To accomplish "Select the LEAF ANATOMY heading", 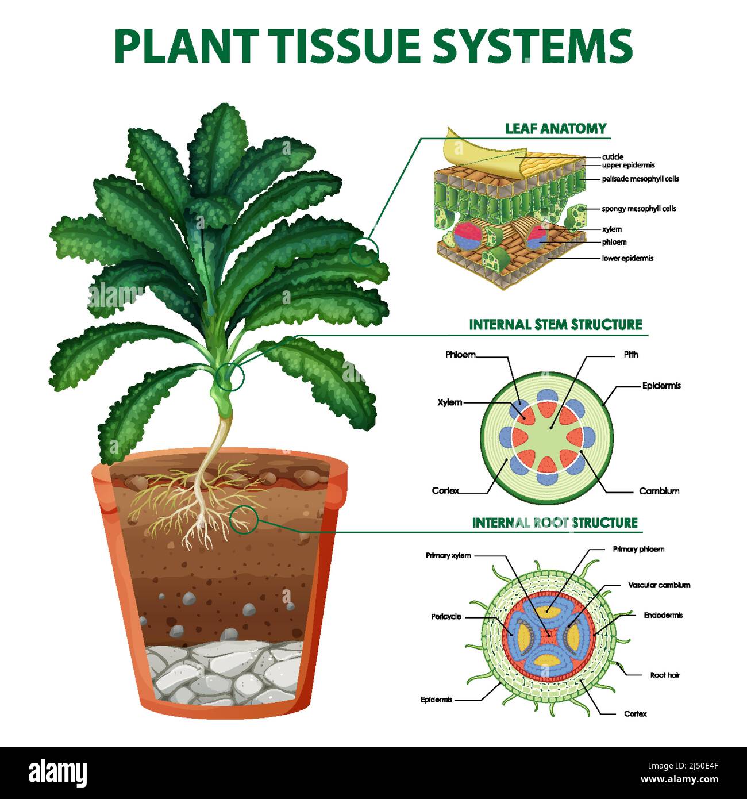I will click(x=556, y=128).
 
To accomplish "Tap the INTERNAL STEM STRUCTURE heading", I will click(x=555, y=324).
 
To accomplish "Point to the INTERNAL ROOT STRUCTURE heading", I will click(x=555, y=523).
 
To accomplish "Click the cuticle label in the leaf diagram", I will click(x=613, y=156).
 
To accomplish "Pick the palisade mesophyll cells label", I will click(x=640, y=179).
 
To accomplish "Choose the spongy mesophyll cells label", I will click(x=638, y=209).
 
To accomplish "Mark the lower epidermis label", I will click(x=627, y=258).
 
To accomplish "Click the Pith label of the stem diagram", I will click(x=631, y=355).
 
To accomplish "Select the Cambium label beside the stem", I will click(x=659, y=491).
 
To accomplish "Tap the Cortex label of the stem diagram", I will click(x=445, y=490).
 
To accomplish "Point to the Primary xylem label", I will click(x=448, y=555).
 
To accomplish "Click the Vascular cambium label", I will click(x=659, y=585).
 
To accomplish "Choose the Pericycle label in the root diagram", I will click(x=446, y=617).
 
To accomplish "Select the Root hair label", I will click(x=665, y=675).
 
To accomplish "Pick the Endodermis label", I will click(x=663, y=615).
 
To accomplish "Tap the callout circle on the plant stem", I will click(x=231, y=376).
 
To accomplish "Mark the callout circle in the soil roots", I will click(x=243, y=520).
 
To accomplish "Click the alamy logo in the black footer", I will click(x=57, y=774).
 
